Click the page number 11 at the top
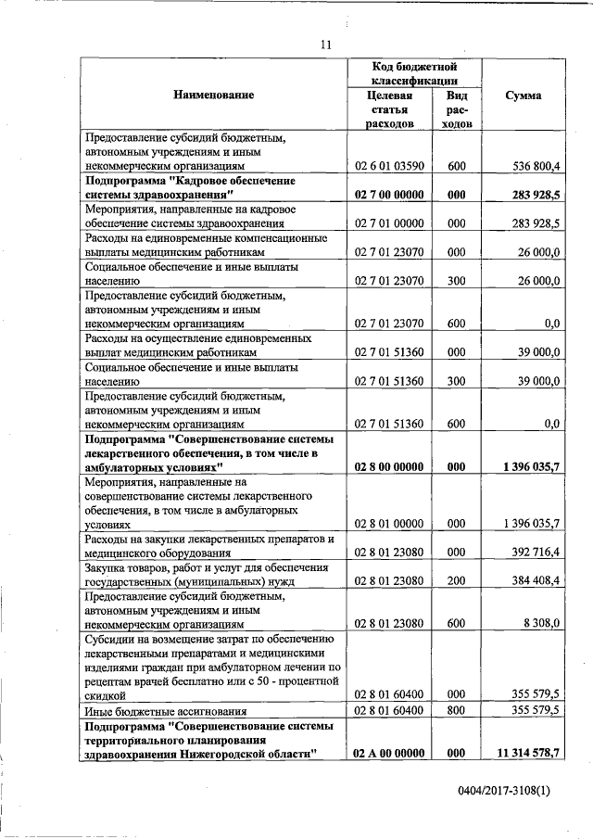tap(325, 44)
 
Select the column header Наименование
tap(213, 95)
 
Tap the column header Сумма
tap(524, 95)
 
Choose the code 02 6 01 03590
tap(389, 166)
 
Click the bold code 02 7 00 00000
tap(389, 195)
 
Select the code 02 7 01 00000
tap(389, 223)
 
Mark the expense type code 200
tap(455, 581)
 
